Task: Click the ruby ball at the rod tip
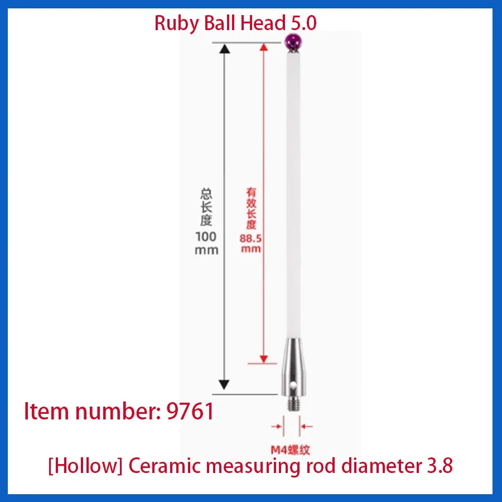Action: click(x=293, y=41)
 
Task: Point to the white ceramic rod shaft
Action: click(x=292, y=195)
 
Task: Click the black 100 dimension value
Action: click(x=206, y=236)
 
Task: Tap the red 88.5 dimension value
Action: click(x=251, y=237)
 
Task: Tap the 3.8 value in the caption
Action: click(x=439, y=466)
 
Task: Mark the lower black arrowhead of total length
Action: click(x=224, y=384)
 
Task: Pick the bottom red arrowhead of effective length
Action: click(x=262, y=358)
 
